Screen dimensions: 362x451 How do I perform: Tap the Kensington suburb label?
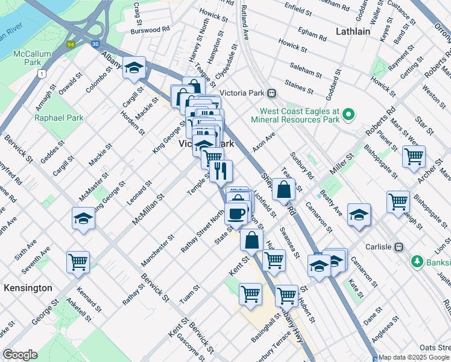pyautogui.click(x=28, y=288)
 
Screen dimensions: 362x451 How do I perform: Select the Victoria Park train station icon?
pyautogui.click(x=272, y=93)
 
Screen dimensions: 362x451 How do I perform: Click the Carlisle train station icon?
pyautogui.click(x=398, y=247)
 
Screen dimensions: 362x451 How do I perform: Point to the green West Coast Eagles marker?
pyautogui.click(x=347, y=113)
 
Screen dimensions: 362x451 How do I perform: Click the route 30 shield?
pyautogui.click(x=96, y=43)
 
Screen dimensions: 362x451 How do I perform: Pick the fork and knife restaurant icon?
pyautogui.click(x=221, y=171)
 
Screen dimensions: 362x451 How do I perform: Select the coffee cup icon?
pyautogui.click(x=236, y=213)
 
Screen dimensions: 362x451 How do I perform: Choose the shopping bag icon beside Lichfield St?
pyautogui.click(x=283, y=189)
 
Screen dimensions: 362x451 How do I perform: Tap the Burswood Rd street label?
pyautogui.click(x=151, y=28)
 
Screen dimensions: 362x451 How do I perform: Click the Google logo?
pyautogui.click(x=20, y=355)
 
